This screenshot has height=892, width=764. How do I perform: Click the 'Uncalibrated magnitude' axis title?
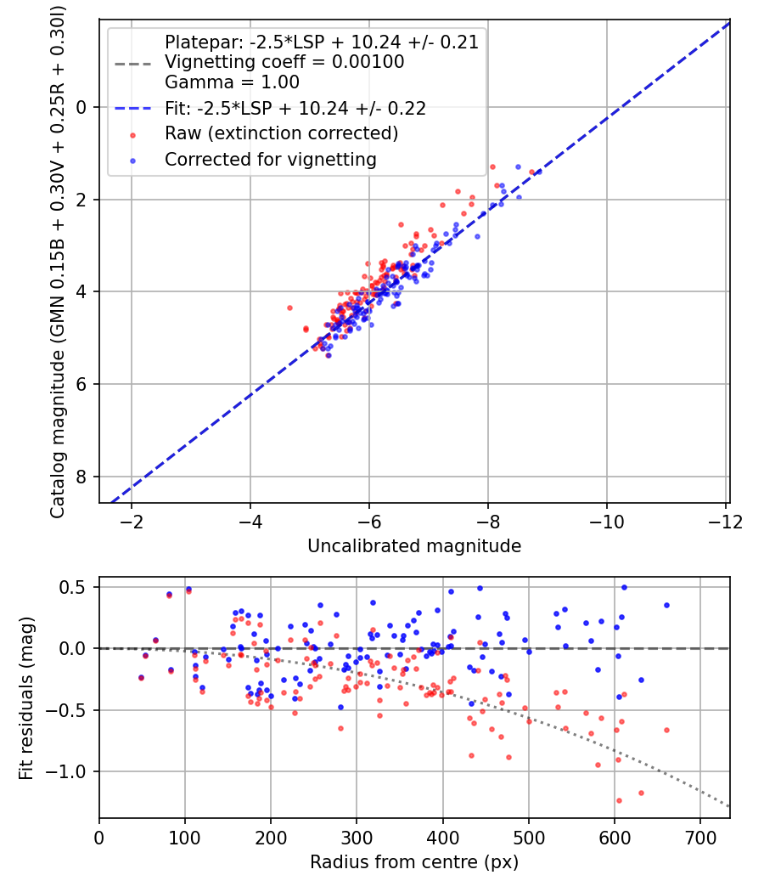[x=414, y=546]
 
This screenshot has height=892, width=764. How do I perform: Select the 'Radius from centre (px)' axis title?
[x=414, y=862]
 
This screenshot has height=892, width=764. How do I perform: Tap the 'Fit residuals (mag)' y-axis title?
[x=26, y=698]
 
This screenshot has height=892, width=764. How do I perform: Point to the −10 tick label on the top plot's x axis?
[x=606, y=522]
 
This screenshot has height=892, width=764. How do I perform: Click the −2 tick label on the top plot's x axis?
[x=132, y=522]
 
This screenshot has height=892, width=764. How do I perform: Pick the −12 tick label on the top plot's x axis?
[x=725, y=522]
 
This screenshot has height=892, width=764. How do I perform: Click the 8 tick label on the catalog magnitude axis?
[x=81, y=477]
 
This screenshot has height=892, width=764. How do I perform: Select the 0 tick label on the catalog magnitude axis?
[x=81, y=108]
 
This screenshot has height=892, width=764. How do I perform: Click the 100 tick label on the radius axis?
[x=185, y=838]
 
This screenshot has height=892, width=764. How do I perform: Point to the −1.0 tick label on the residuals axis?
[x=65, y=772]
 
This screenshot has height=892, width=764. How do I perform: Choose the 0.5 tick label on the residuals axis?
[x=72, y=587]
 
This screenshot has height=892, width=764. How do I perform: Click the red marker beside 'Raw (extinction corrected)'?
[x=133, y=135]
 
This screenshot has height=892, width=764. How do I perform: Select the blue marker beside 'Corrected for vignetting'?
[x=133, y=161]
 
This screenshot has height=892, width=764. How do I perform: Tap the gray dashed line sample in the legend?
[x=133, y=65]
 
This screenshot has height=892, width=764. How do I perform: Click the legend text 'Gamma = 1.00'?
[x=232, y=82]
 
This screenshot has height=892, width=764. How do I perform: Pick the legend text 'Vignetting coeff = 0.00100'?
[x=284, y=62]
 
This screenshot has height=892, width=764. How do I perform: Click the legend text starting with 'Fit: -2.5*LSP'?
[x=295, y=109]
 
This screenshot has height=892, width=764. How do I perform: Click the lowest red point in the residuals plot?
[x=619, y=800]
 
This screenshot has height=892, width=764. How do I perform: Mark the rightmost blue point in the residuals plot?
[x=666, y=605]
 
